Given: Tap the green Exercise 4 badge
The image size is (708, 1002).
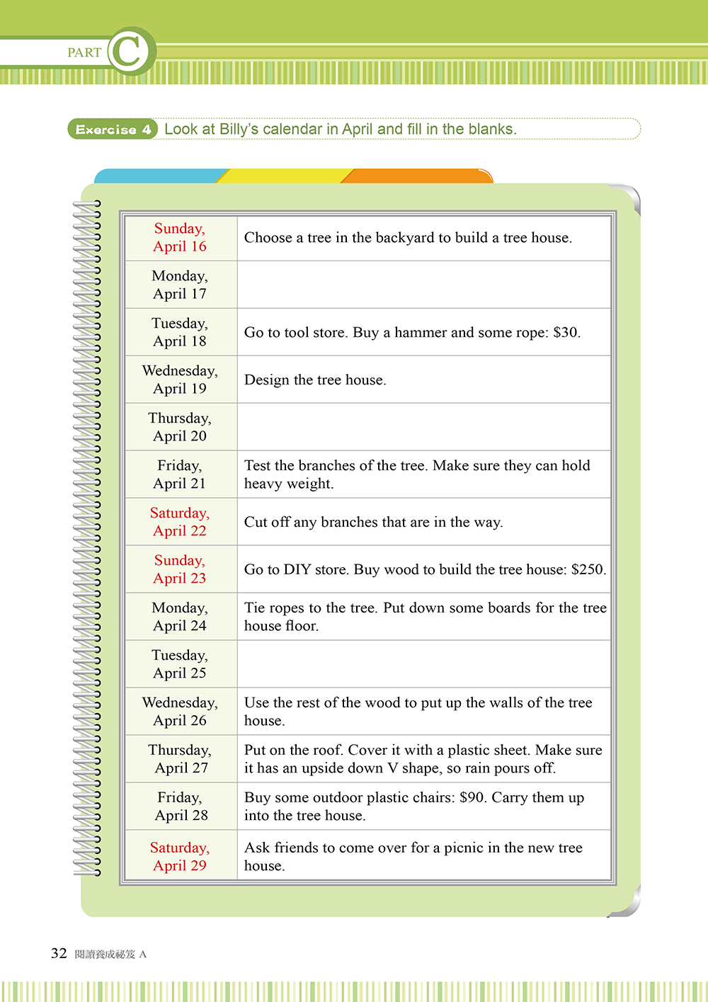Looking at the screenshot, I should [x=113, y=129].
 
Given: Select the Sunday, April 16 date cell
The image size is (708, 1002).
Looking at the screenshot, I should [x=180, y=237].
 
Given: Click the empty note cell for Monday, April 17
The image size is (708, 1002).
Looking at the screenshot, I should [x=423, y=285].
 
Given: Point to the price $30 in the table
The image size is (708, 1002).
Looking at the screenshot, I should [x=565, y=332].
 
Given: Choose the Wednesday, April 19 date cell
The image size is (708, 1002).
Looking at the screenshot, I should [x=180, y=380].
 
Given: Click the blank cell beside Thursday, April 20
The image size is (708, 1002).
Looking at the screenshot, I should [x=423, y=427].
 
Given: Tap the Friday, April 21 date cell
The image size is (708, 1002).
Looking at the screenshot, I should [x=180, y=474].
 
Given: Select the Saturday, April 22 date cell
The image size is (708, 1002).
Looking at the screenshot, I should [x=180, y=522].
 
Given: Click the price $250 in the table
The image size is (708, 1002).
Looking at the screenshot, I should [x=588, y=569].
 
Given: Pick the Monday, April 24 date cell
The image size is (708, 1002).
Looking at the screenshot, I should [x=180, y=617].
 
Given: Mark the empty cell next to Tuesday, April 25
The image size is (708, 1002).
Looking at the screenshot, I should [x=423, y=664].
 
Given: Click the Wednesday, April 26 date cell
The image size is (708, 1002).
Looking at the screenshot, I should [x=180, y=712].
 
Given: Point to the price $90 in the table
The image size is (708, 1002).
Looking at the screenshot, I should [x=472, y=797].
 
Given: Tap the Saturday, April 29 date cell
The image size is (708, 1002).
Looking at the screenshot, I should [x=180, y=856].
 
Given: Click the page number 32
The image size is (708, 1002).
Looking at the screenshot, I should [x=59, y=953].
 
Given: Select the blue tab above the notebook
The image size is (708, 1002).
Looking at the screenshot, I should [x=159, y=176].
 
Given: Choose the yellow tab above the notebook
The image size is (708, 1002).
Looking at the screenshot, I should [x=287, y=176].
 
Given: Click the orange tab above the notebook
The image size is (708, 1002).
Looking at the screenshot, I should [x=418, y=176].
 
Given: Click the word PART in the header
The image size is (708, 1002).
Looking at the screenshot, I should [x=84, y=52].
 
